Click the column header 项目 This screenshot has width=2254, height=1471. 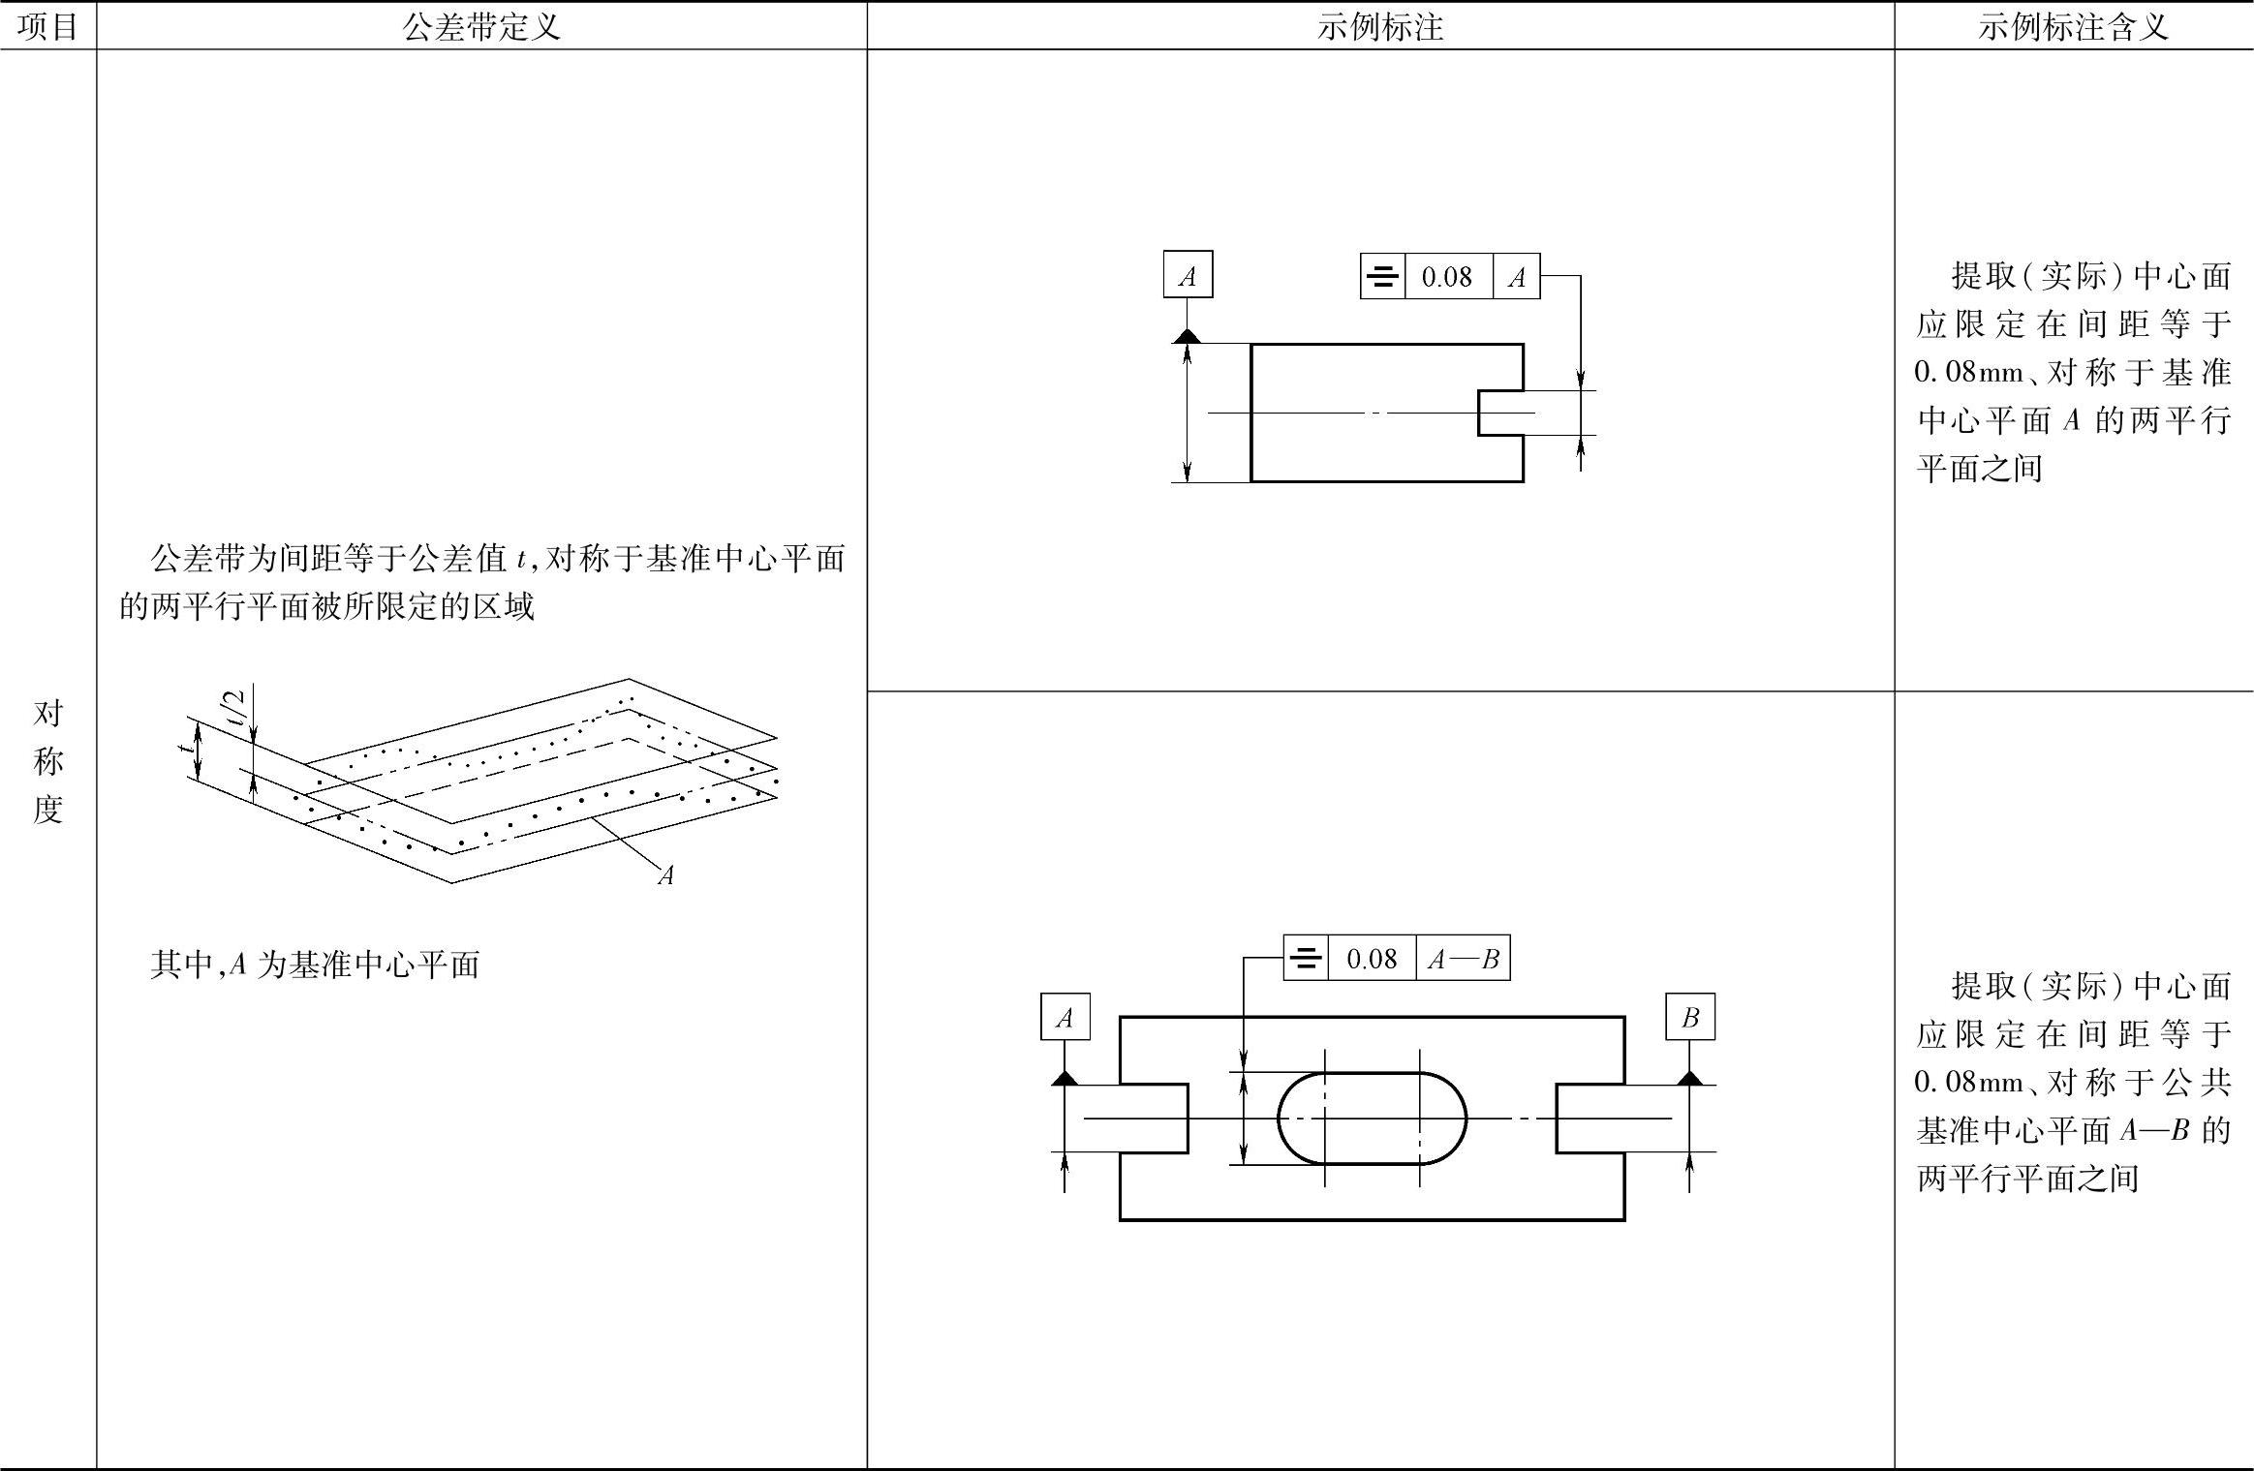[x=47, y=26]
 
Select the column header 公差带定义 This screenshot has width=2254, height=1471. [x=481, y=26]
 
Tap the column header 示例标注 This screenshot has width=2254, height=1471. [x=1379, y=26]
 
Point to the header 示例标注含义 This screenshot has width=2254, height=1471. [x=2073, y=26]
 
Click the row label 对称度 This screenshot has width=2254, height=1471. [x=47, y=761]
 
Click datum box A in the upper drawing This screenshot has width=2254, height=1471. [x=1188, y=276]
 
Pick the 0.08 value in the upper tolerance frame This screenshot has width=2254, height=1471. [x=1447, y=277]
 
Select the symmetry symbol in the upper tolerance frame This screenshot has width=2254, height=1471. [x=1382, y=277]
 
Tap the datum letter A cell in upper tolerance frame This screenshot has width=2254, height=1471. [x=1517, y=277]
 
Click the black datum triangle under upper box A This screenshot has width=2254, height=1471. [x=1188, y=336]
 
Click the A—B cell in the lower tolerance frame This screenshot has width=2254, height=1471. [x=1463, y=959]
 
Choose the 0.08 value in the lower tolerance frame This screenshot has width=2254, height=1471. [x=1372, y=959]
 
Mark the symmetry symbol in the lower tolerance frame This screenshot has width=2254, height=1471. [x=1306, y=959]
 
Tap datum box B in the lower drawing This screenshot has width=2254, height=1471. [x=1690, y=1017]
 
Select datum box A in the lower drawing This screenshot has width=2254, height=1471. [x=1065, y=1017]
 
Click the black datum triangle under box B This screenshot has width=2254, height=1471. [x=1690, y=1077]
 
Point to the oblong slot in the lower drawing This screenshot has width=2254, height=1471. [x=1372, y=1119]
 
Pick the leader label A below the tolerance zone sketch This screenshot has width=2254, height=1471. [x=665, y=875]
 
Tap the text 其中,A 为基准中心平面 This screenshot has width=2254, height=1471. [x=315, y=965]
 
